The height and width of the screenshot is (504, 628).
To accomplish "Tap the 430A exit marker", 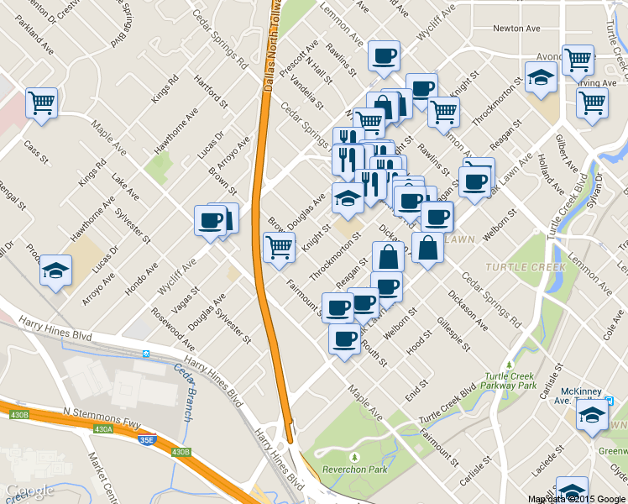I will (x=102, y=429).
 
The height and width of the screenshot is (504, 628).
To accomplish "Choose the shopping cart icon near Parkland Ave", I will (x=41, y=103).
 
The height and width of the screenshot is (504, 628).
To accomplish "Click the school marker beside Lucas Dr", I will (x=55, y=270).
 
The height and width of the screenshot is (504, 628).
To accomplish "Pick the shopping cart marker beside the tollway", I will (x=279, y=247).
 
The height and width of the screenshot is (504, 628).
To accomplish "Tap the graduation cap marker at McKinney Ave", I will (x=592, y=415).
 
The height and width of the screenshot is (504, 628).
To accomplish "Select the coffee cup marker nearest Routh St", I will (x=343, y=339).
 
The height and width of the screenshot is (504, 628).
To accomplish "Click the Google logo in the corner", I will (x=29, y=491).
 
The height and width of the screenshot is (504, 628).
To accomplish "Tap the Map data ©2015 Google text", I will (x=577, y=499).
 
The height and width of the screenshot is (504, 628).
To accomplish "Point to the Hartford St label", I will (x=212, y=92).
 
